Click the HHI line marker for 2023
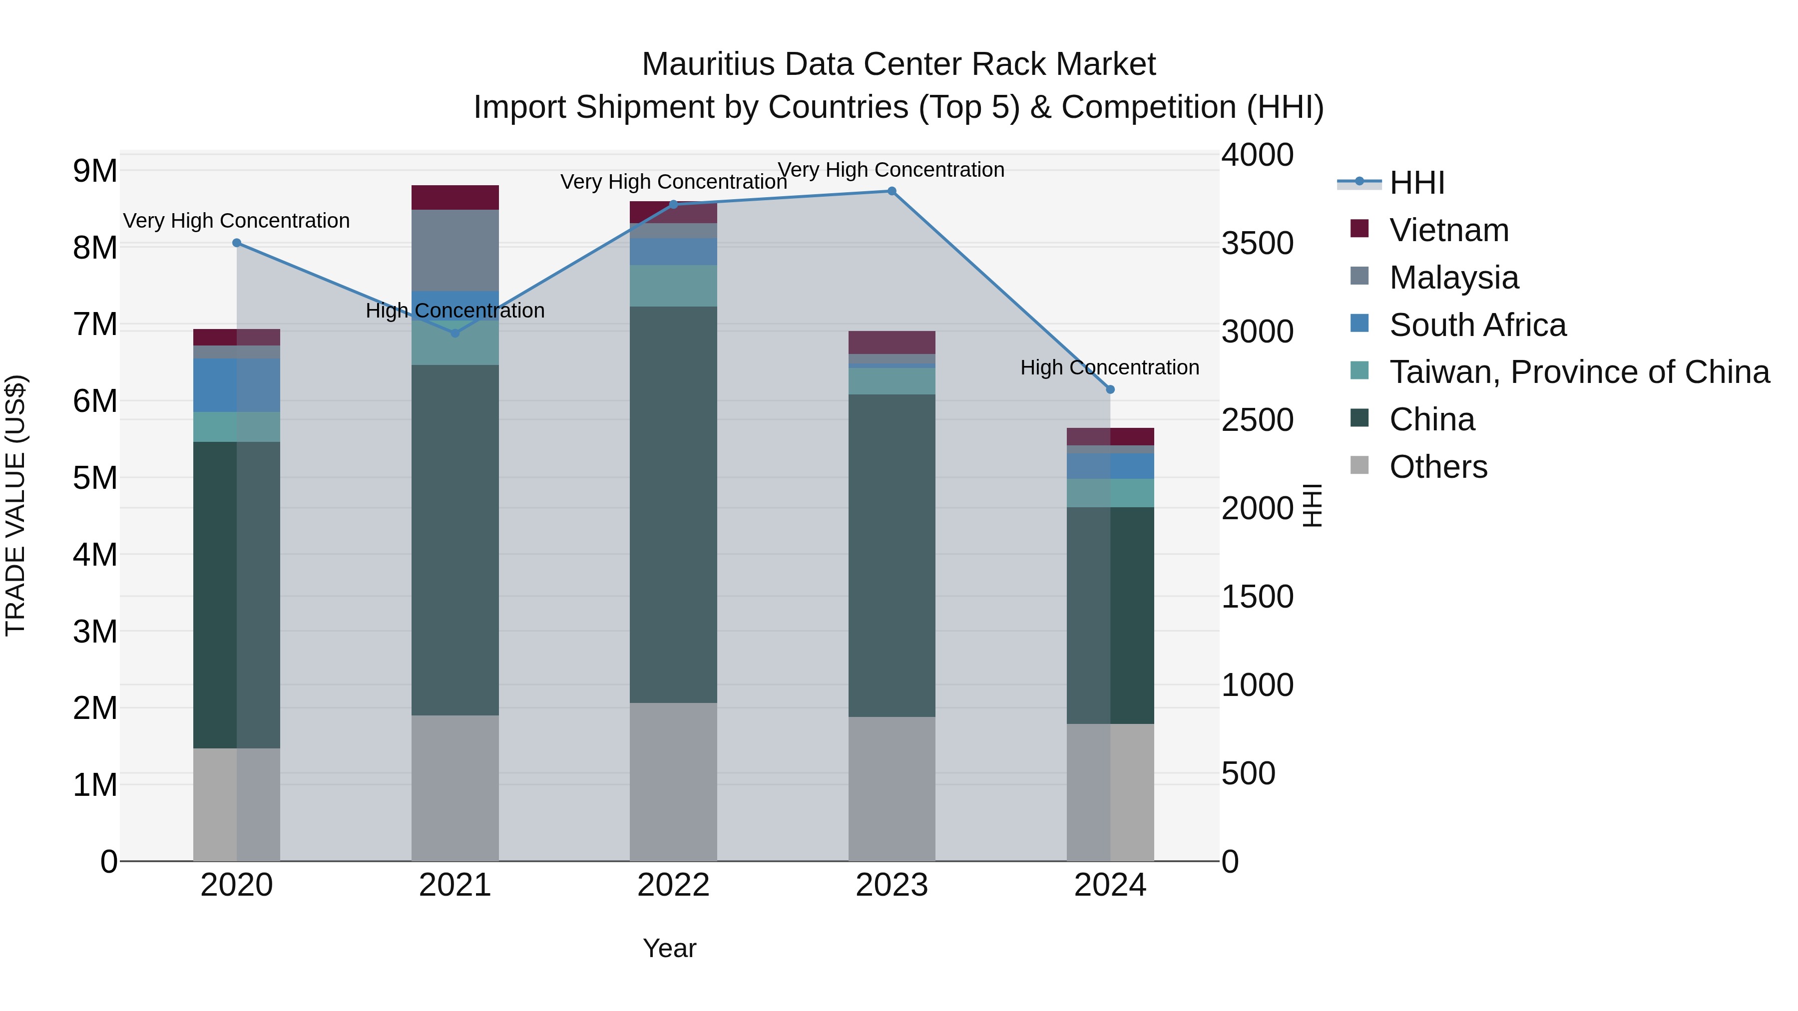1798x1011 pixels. [892, 191]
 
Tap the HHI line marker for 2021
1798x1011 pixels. [455, 334]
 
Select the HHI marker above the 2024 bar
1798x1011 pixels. [1110, 389]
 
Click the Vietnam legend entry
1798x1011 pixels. [1448, 230]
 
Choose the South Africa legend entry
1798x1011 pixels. [1477, 325]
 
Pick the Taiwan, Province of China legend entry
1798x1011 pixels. [1579, 372]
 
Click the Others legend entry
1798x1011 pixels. [1438, 467]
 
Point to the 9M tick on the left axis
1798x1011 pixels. [95, 171]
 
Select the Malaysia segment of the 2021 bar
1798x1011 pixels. [455, 250]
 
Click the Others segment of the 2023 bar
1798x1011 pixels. [892, 788]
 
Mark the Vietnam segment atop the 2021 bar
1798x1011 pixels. [455, 197]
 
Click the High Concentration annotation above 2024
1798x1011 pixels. [1110, 367]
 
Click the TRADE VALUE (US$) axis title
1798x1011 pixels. [15, 505]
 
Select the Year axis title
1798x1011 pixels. [669, 948]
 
